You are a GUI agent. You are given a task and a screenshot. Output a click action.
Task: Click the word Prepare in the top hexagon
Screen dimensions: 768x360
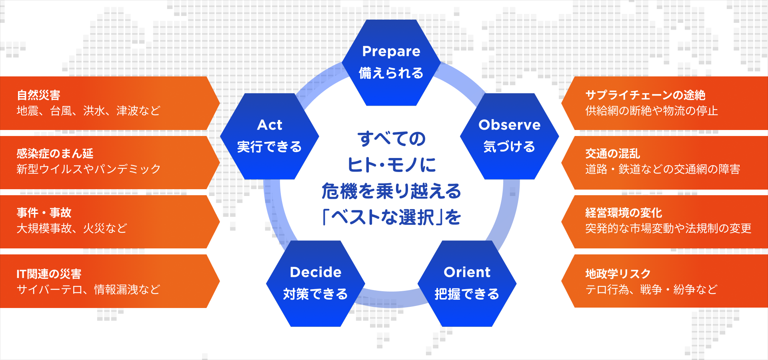pos(391,52)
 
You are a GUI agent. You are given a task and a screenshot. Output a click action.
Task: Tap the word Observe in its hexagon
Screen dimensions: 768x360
pos(509,125)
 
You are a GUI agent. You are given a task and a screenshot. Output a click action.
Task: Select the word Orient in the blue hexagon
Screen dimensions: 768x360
pos(467,272)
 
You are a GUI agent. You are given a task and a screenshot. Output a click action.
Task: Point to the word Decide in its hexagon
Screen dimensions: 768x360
pos(316,272)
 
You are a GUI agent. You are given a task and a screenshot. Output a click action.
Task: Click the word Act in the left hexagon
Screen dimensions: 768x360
pos(270,125)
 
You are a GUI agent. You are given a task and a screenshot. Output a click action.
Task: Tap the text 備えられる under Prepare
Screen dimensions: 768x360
pos(391,73)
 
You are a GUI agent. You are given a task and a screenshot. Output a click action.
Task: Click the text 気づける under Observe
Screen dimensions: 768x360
pos(509,147)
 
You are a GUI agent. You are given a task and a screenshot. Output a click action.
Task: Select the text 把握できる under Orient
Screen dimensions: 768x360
pos(467,294)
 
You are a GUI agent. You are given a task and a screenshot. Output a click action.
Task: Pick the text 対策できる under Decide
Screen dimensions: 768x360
pos(316,294)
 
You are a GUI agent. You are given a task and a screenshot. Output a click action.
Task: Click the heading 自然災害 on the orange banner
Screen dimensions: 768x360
pos(38,95)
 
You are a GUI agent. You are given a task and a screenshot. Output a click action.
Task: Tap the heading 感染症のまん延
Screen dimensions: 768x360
pos(55,154)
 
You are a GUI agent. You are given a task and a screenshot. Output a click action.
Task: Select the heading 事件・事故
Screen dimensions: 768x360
pos(44,212)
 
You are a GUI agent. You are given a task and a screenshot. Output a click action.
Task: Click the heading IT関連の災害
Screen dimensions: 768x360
pos(49,274)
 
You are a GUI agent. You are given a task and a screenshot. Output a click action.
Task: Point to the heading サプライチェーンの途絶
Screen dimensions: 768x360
pos(645,95)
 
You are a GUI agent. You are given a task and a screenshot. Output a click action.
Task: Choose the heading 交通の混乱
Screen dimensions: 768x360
pos(612,154)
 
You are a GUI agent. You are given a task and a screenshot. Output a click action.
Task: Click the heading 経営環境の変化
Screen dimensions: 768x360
pos(624,212)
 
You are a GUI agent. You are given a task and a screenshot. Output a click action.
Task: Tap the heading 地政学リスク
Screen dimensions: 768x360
pos(618,274)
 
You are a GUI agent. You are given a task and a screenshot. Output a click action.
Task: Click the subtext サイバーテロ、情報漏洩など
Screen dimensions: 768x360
pos(88,289)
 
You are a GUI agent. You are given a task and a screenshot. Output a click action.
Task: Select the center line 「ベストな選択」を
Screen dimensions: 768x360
pos(392,217)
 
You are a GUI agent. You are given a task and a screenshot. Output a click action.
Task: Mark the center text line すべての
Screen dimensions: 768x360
pos(392,139)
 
